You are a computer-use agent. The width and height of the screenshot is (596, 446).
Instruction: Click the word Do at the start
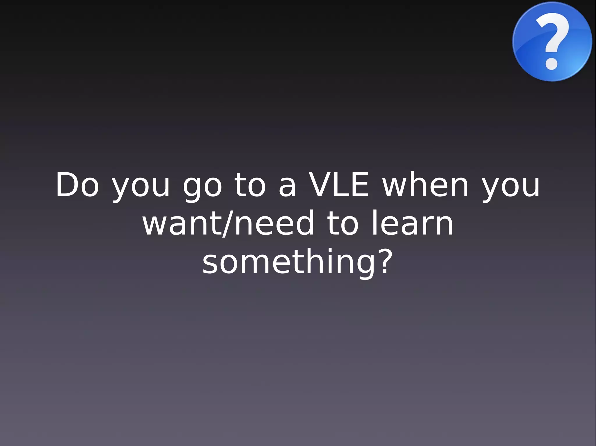[x=77, y=185]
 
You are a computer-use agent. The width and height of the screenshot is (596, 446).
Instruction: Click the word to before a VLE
[x=250, y=185]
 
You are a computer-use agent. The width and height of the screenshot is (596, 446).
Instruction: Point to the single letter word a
[x=287, y=187]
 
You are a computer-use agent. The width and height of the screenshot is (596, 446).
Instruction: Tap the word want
[x=182, y=223]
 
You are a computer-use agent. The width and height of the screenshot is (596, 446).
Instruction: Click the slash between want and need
[x=227, y=223]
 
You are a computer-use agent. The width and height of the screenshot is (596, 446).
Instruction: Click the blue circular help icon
[x=552, y=41]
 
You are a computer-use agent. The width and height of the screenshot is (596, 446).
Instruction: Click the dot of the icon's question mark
[x=551, y=64]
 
